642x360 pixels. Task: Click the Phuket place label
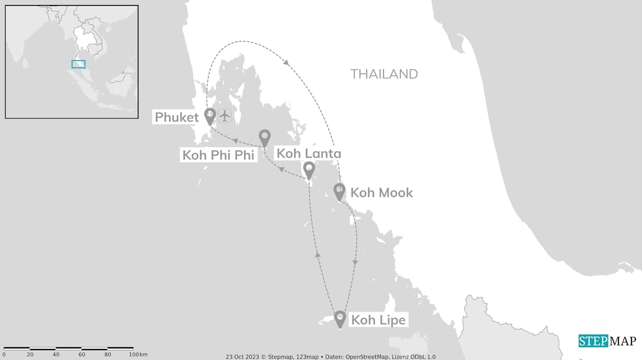(177, 117)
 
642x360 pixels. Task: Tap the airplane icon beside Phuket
(225, 116)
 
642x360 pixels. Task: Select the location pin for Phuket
(210, 115)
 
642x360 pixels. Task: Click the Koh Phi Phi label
(218, 155)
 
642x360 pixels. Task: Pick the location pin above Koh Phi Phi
(264, 137)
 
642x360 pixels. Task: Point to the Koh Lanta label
(308, 153)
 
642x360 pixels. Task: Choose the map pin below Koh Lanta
(309, 169)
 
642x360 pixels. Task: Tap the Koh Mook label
(381, 193)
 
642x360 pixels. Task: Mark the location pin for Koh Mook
(340, 191)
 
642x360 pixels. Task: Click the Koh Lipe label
(378, 320)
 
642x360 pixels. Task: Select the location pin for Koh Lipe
(340, 318)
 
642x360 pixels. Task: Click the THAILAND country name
(384, 74)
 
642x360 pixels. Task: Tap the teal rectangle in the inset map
(78, 64)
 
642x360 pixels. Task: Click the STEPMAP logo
(607, 341)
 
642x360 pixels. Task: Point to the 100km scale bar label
(138, 354)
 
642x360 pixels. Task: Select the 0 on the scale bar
(4, 354)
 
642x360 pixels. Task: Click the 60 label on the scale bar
(82, 354)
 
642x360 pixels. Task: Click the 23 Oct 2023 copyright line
(331, 356)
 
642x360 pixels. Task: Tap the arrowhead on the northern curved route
(286, 63)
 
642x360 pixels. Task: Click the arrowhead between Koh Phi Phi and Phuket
(235, 141)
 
